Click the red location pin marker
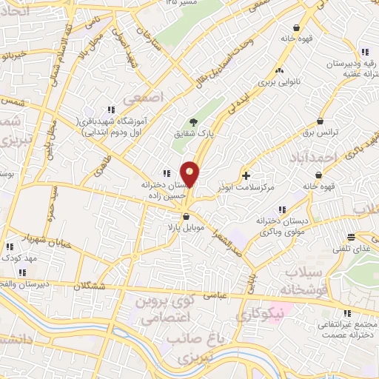pos(191,175)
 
